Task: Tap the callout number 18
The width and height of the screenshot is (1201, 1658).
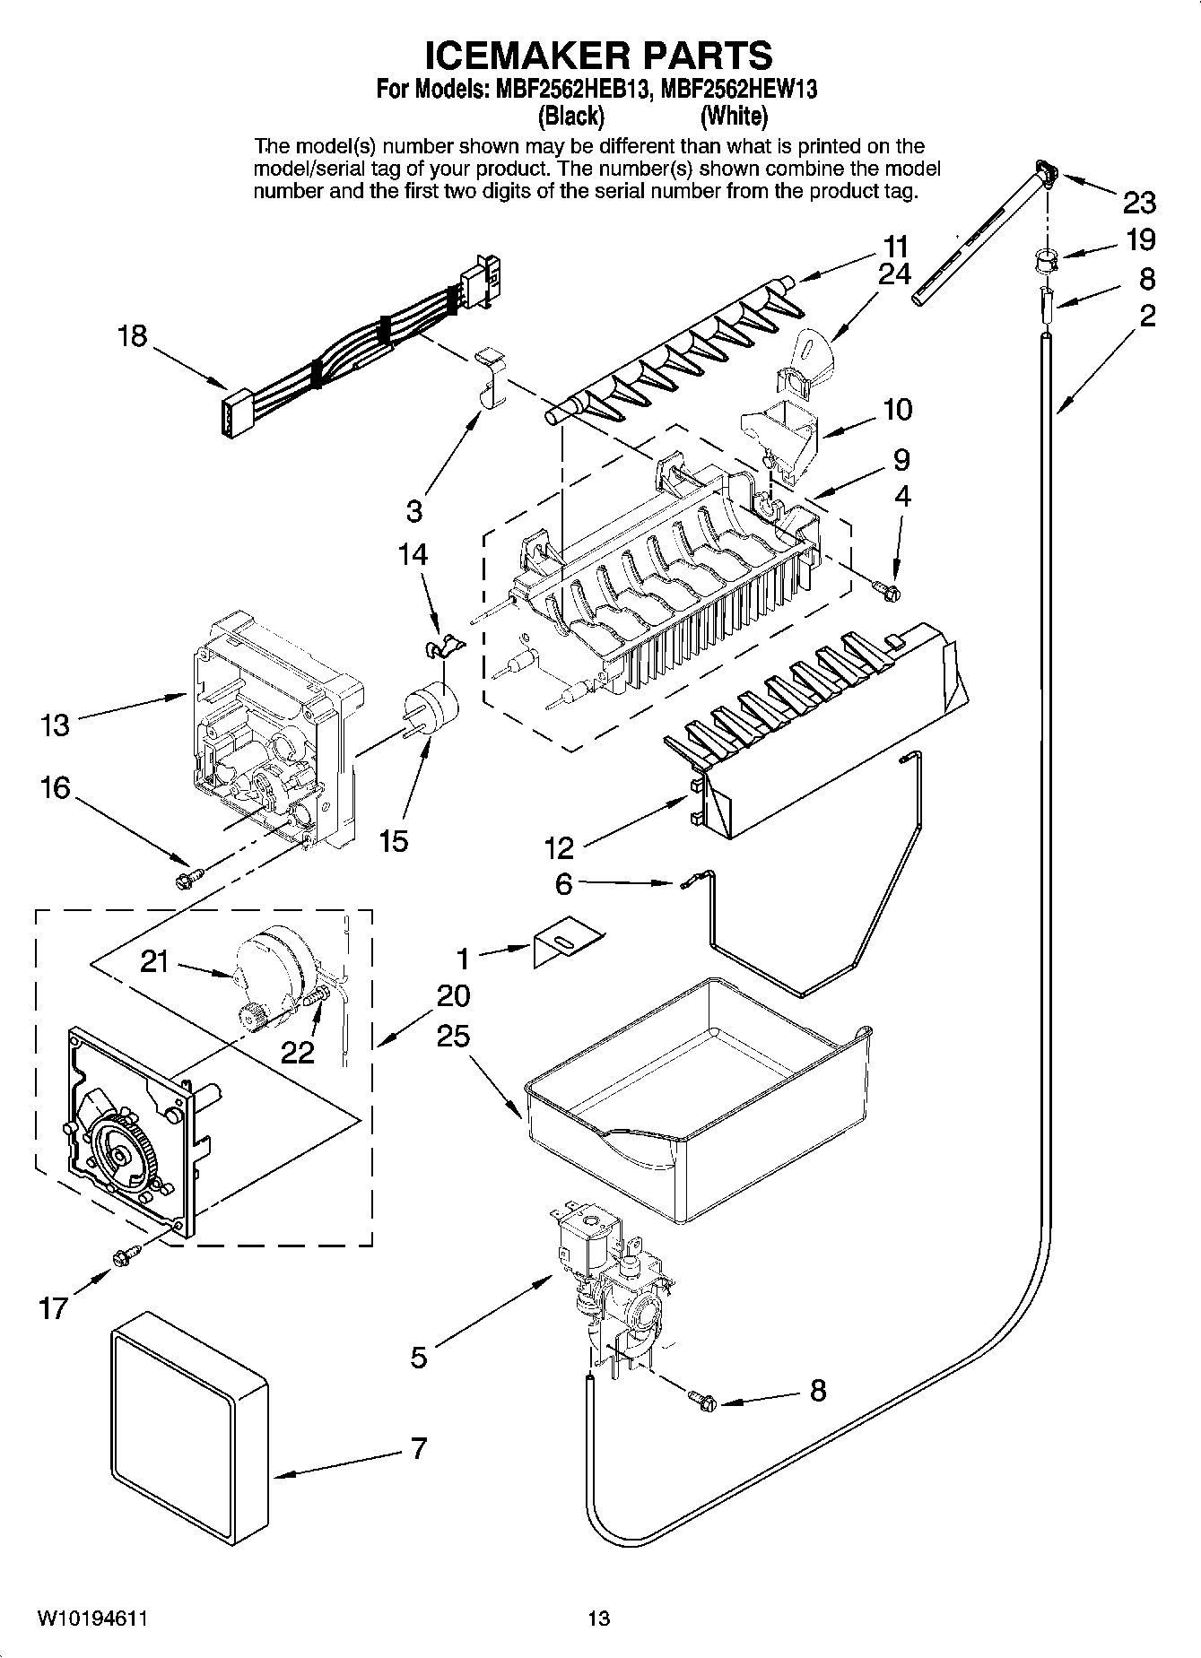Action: (132, 337)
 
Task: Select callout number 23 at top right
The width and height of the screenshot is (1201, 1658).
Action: (1138, 204)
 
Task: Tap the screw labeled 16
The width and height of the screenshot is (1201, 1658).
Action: (189, 879)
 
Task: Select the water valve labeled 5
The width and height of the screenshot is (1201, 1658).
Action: (610, 1282)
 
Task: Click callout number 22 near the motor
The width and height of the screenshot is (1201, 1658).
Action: (298, 1052)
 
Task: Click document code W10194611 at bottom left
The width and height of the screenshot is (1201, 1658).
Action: (91, 1619)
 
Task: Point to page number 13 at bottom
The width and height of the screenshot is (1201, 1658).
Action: (599, 1619)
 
